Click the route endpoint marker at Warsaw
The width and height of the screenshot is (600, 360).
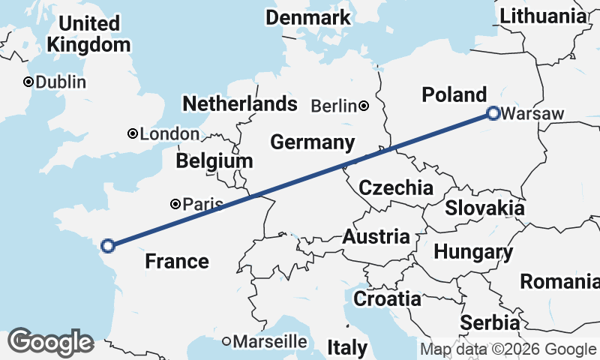click(493, 114)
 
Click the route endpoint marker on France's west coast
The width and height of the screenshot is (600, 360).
click(108, 245)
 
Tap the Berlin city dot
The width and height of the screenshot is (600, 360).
click(364, 106)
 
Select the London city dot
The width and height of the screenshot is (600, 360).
click(133, 134)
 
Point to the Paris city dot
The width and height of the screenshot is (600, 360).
click(175, 203)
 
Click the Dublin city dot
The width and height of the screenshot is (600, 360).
click(28, 82)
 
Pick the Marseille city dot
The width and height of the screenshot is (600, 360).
click(226, 341)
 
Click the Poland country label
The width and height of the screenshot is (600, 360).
click(454, 95)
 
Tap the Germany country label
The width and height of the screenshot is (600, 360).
click(312, 142)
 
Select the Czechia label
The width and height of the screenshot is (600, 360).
click(396, 187)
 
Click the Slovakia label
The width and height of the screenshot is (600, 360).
click(484, 208)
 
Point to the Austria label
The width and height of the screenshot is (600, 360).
click(376, 238)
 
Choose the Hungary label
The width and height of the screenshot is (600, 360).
click(472, 252)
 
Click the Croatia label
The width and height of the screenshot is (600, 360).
click(387, 298)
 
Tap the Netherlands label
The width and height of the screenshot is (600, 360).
click(240, 103)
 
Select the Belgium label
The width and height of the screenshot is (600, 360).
click(214, 161)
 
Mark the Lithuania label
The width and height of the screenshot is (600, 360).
click(543, 16)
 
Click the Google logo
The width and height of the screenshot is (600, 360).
click(50, 342)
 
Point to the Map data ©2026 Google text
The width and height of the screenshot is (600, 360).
click(508, 349)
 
